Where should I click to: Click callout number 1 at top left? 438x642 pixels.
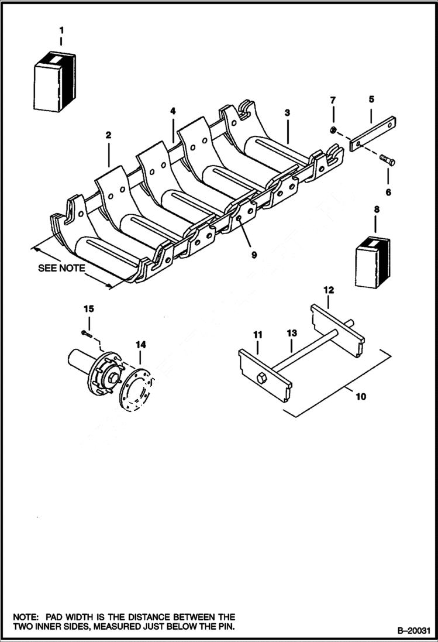[61, 29]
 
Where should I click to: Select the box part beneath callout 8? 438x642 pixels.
[374, 262]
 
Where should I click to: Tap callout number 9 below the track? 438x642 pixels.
[254, 255]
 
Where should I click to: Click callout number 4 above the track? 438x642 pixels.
[173, 111]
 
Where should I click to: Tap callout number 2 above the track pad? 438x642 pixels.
[108, 135]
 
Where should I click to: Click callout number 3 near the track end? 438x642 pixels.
[287, 112]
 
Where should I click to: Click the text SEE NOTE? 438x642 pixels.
[61, 269]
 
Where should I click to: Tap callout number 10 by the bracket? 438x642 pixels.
[361, 397]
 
